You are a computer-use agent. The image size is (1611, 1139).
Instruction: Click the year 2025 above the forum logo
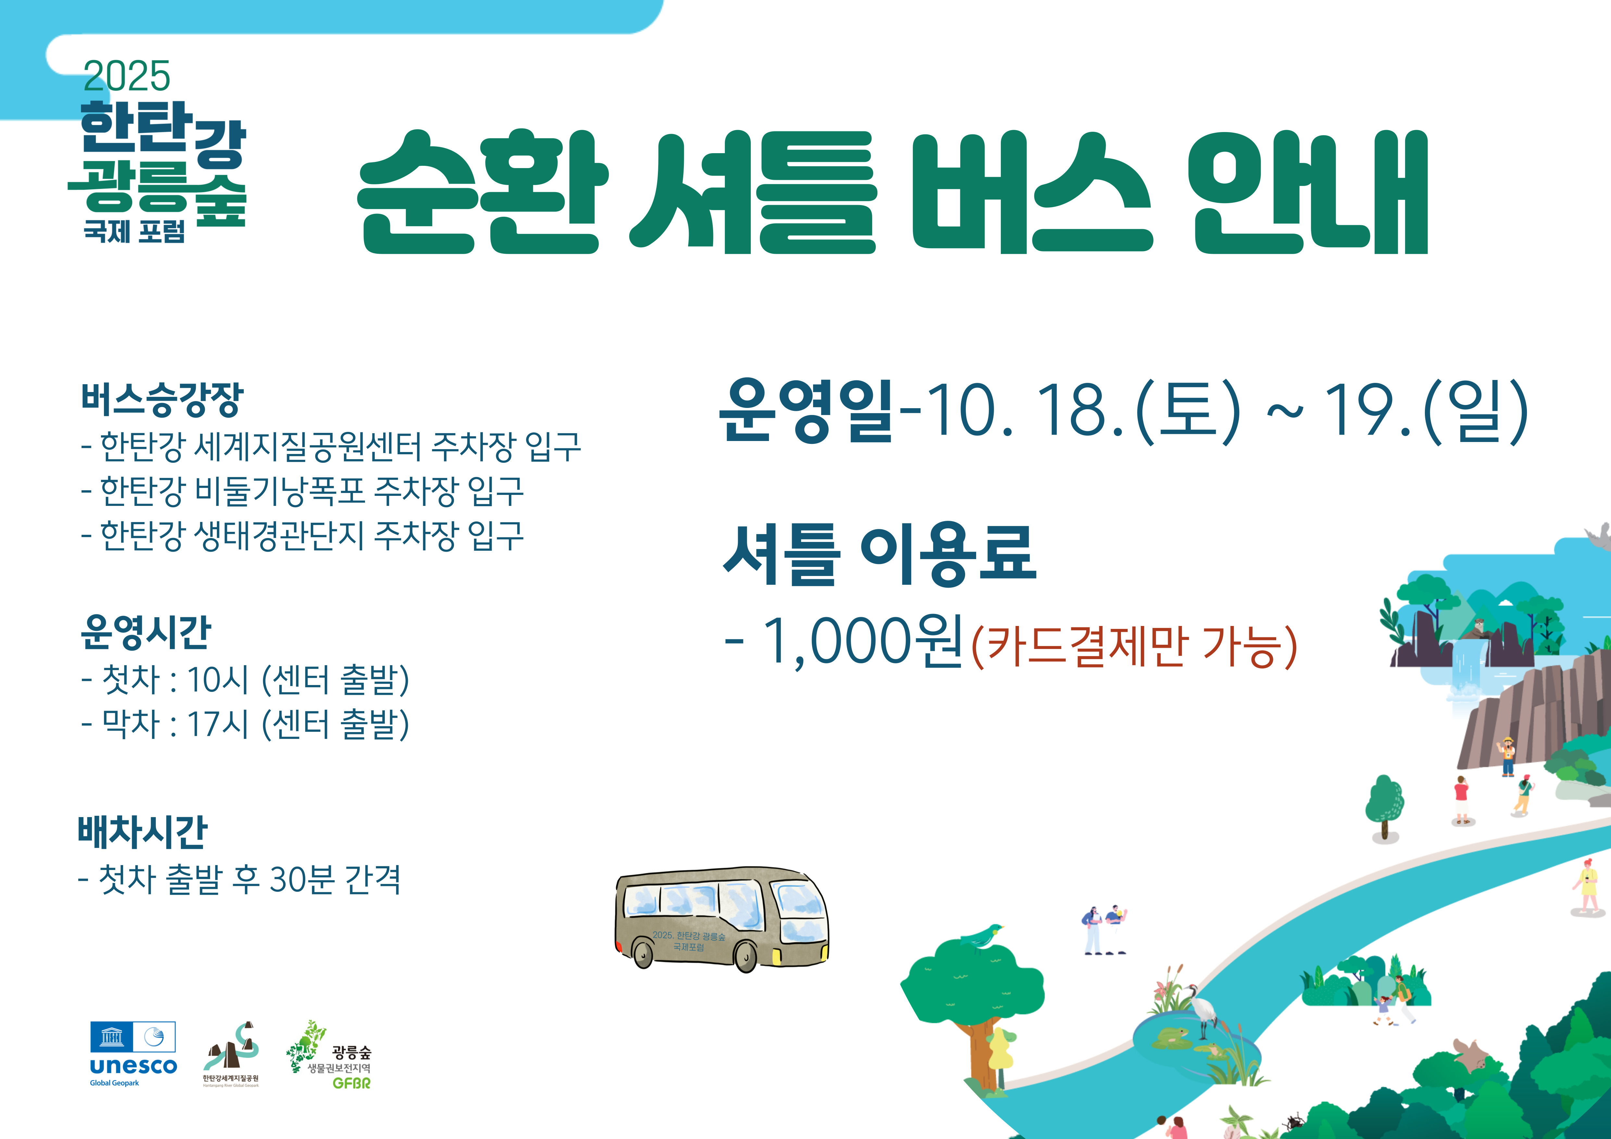click(126, 76)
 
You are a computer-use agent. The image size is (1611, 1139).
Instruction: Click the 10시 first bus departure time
click(218, 679)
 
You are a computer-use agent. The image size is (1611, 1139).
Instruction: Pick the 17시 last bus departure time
click(218, 724)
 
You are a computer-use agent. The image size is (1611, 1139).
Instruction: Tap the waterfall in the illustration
click(1468, 670)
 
